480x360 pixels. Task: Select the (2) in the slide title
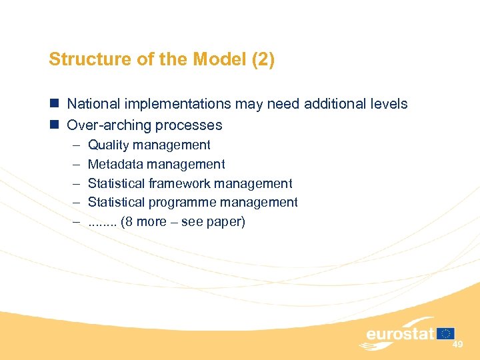(263, 60)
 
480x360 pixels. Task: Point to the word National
(93, 104)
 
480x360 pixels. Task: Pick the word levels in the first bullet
(389, 104)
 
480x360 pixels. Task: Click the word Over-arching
(105, 125)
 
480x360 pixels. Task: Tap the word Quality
(107, 145)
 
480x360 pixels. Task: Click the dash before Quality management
(73, 145)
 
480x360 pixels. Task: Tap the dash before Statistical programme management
(73, 202)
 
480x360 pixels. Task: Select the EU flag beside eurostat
(446, 333)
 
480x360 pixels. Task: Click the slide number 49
(457, 345)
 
